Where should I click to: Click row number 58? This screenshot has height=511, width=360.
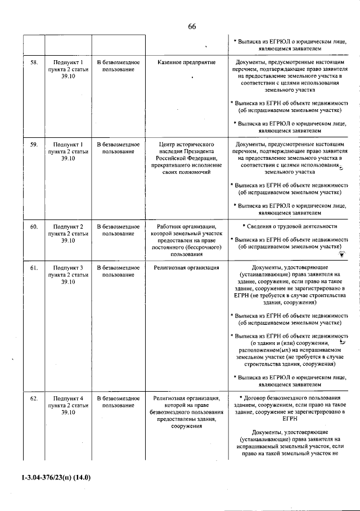pyautogui.click(x=34, y=62)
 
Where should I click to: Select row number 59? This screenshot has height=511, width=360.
pyautogui.click(x=34, y=145)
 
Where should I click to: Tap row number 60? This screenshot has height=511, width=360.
pyautogui.click(x=34, y=227)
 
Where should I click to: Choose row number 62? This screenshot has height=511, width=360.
pyautogui.click(x=34, y=398)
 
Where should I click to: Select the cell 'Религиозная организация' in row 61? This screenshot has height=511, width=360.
pyautogui.click(x=187, y=268)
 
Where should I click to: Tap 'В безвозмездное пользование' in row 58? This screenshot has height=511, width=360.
pyautogui.click(x=119, y=65)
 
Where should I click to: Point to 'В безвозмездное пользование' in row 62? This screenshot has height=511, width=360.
pyautogui.click(x=119, y=402)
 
